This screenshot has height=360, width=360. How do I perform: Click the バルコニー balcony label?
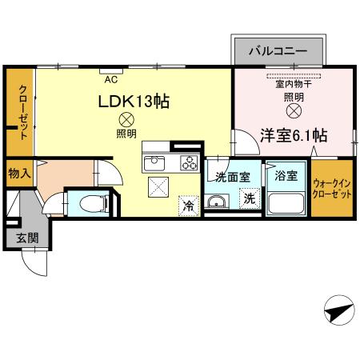(278, 50)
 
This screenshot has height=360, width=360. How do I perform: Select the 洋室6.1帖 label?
(294, 136)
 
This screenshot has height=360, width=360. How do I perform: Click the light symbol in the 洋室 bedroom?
(293, 110)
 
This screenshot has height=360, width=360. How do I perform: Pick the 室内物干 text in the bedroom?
(293, 82)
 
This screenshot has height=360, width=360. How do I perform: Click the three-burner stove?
(188, 163)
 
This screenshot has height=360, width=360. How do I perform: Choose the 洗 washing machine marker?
(250, 199)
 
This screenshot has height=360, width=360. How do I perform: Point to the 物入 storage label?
(19, 173)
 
